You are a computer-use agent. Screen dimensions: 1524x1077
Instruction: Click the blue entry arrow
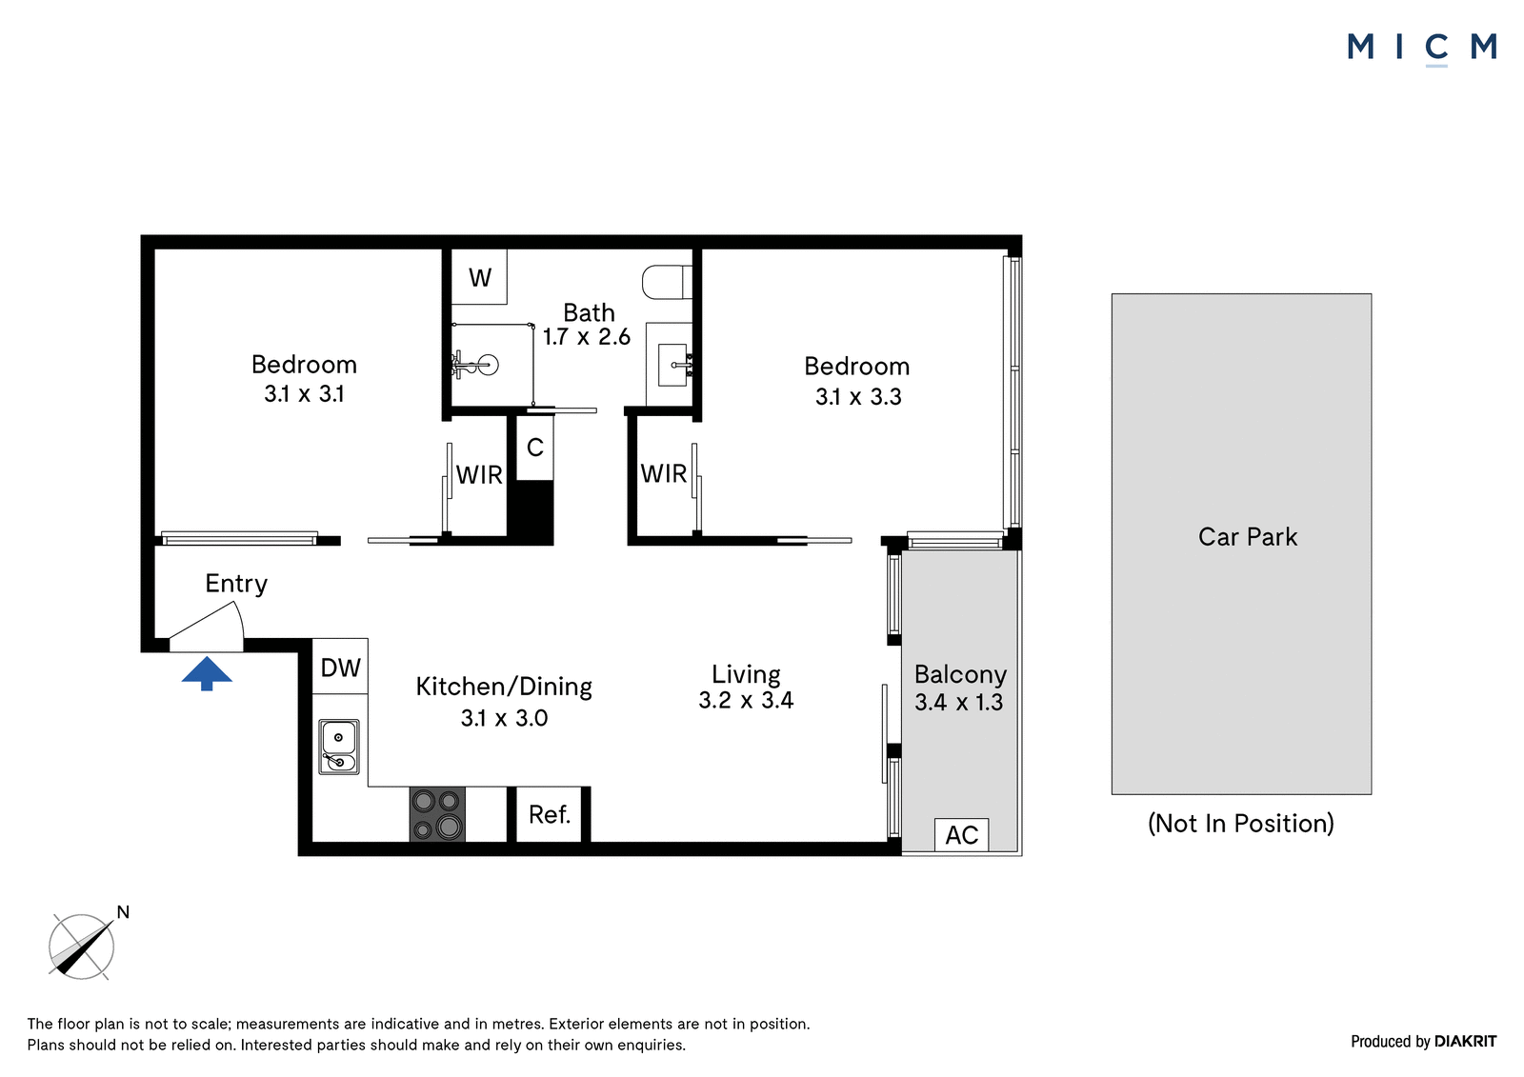click(x=207, y=673)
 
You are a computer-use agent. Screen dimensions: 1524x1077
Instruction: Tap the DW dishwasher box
click(x=340, y=666)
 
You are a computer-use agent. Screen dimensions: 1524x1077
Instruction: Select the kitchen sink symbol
click(x=339, y=747)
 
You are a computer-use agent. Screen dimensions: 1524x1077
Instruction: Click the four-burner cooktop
click(x=437, y=814)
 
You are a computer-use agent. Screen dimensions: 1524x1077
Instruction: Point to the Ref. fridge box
click(x=549, y=814)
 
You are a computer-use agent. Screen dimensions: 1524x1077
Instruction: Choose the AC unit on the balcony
click(x=961, y=835)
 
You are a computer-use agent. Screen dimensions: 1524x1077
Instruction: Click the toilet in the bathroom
click(x=667, y=282)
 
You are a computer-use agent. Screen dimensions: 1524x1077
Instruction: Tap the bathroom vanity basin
click(x=672, y=365)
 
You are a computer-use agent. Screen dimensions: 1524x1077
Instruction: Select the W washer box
click(x=480, y=277)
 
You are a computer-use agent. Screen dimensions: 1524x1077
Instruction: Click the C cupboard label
click(x=534, y=447)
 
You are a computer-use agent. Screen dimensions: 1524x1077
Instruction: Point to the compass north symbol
click(x=82, y=946)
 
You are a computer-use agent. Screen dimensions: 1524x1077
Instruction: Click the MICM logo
click(x=1422, y=48)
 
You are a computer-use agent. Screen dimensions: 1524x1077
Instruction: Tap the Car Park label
click(x=1247, y=537)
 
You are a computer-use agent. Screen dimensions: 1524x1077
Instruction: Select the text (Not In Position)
click(x=1240, y=824)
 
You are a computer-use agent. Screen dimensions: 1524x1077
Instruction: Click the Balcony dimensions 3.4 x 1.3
click(x=958, y=702)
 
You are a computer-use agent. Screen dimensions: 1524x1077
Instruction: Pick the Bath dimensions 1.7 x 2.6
click(x=587, y=336)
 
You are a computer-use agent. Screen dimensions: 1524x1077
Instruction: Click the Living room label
click(x=746, y=674)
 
